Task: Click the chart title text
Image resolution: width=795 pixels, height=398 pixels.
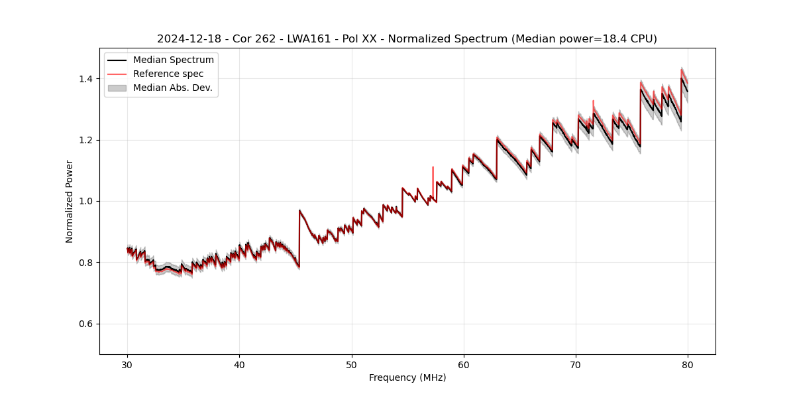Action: (407, 39)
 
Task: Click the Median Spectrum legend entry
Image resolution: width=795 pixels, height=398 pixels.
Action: (173, 60)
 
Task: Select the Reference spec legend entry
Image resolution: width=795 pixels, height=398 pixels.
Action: (168, 74)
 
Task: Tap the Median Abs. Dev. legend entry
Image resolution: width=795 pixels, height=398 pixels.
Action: (172, 88)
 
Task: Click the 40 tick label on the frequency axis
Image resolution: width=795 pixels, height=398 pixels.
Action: (240, 364)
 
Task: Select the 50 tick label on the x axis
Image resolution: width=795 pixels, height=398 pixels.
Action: (352, 364)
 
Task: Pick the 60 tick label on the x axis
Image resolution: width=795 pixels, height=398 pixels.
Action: (464, 364)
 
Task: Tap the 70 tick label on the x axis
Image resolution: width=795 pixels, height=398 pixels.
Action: (576, 364)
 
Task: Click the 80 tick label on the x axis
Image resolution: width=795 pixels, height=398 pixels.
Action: (688, 364)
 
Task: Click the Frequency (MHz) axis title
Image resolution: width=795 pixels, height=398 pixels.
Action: (407, 377)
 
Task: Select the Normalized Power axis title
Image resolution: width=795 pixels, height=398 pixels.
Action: (70, 201)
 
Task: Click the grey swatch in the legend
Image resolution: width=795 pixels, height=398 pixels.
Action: (117, 88)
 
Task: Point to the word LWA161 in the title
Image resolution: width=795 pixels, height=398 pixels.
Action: (309, 39)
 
